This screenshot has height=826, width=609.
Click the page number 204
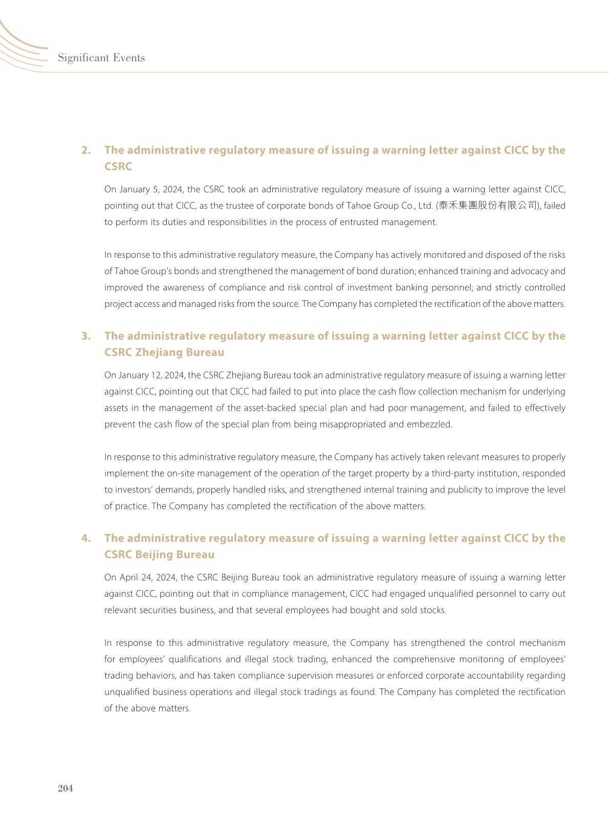(66, 788)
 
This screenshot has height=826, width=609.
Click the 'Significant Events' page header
(101, 58)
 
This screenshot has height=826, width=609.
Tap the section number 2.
(86, 150)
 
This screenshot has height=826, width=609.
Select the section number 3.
(86, 336)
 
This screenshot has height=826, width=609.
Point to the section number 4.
(86, 538)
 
